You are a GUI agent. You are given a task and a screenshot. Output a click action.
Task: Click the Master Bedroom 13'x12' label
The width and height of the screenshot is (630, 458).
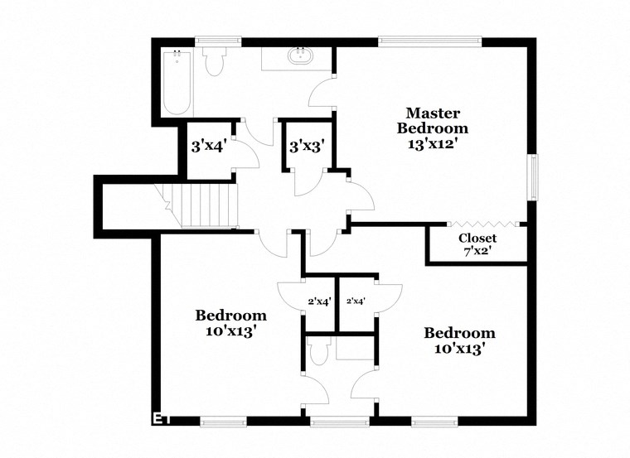pos(432,128)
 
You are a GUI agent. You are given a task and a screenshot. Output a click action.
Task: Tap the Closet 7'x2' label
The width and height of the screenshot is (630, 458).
pos(477,245)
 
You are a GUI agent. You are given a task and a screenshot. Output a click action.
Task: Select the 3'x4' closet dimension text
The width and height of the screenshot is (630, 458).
pos(209,147)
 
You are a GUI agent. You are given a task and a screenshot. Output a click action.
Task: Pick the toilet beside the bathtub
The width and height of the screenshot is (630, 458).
pos(215,61)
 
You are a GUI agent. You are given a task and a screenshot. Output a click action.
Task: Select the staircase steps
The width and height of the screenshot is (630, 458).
pos(208,206)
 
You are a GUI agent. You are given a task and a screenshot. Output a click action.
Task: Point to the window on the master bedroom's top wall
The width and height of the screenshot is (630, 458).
pos(429,41)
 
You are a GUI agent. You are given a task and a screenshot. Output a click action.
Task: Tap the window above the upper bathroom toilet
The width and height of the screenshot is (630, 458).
pos(218,41)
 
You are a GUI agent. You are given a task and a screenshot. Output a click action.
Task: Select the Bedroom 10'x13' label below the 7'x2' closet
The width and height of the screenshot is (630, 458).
pos(459,340)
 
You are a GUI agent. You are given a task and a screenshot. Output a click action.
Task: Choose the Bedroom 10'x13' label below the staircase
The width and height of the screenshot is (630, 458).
pos(230,322)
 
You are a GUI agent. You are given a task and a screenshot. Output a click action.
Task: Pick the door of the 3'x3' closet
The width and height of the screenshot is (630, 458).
pos(307,182)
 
